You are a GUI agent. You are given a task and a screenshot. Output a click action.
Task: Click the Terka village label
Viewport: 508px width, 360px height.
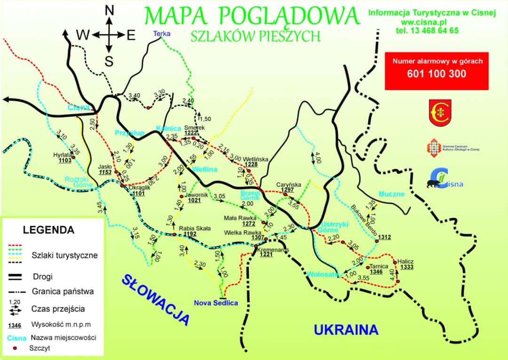point(162,33)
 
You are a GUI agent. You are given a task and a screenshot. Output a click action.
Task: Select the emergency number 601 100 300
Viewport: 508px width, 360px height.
point(437,74)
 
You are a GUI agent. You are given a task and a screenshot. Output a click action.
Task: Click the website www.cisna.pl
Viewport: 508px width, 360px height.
point(424,22)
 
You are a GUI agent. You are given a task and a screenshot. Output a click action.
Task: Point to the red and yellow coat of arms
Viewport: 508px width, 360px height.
point(440,112)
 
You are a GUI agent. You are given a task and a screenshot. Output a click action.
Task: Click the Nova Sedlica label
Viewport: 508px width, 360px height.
point(216,303)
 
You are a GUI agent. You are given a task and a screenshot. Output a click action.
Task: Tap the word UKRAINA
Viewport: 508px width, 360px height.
point(346,330)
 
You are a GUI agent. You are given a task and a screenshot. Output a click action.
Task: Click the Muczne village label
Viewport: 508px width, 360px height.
point(392,194)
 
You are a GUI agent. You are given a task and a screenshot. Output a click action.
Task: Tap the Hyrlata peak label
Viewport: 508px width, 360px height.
point(62,154)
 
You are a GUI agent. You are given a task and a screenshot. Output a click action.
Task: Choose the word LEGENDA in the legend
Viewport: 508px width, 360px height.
point(48,230)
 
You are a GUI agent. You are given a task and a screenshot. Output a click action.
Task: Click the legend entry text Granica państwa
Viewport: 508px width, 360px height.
point(63,291)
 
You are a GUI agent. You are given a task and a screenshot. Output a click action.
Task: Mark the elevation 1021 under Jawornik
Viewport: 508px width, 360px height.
point(194,200)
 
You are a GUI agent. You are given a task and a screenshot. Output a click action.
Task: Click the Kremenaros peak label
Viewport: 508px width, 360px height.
point(272,249)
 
